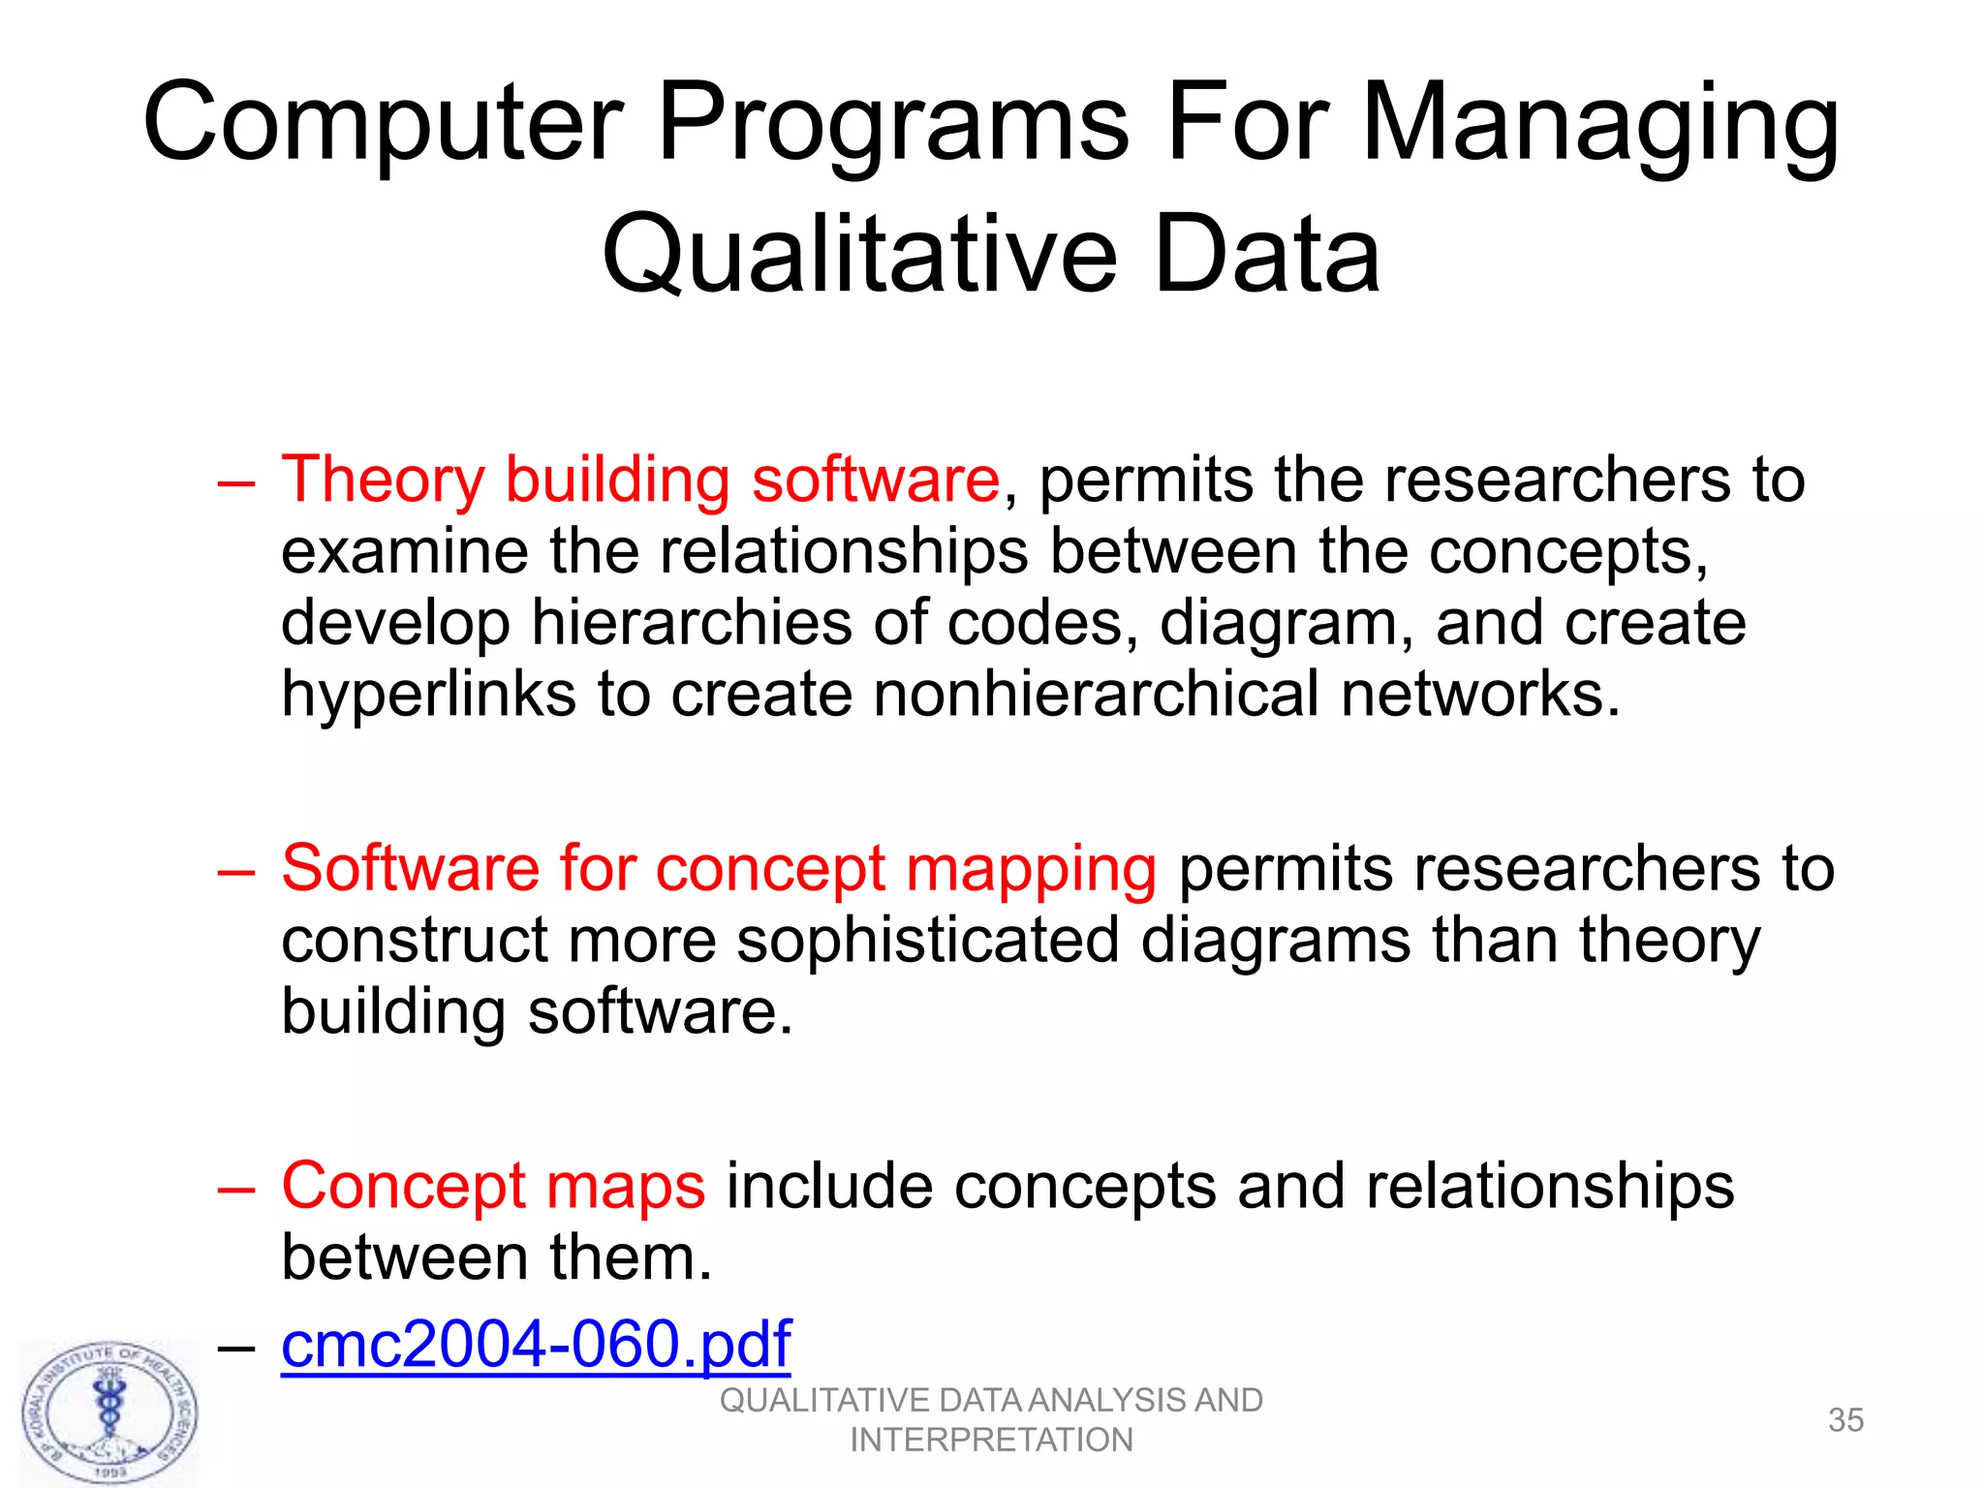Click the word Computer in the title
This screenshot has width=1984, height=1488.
383,124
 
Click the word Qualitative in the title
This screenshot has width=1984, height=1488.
858,255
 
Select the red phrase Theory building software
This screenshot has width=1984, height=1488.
639,480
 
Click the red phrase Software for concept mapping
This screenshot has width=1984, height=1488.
718,868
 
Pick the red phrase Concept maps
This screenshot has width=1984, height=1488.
492,1186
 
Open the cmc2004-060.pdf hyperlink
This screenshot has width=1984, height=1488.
536,1345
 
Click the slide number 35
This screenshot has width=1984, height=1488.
1844,1420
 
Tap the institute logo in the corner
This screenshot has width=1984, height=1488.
109,1413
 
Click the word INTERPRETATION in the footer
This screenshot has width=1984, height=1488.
991,1441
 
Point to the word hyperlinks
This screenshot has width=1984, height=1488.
427,695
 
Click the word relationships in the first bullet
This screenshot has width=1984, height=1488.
844,551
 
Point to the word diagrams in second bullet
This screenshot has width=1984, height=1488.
1275,941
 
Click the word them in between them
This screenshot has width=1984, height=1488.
631,1257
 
